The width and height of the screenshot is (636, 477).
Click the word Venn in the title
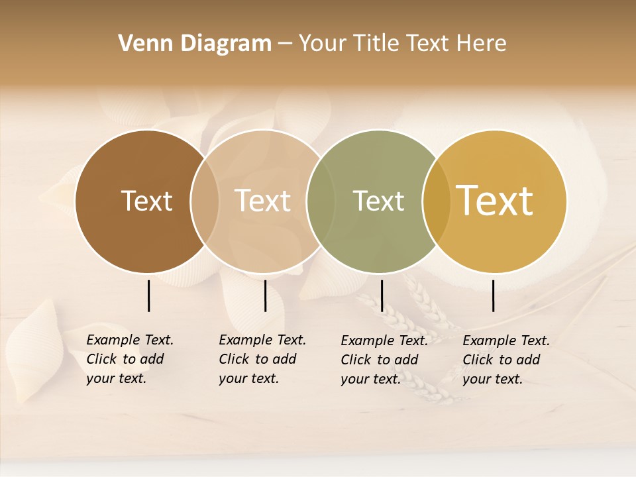pyautogui.click(x=140, y=44)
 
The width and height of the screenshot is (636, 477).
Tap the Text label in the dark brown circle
pyautogui.click(x=146, y=201)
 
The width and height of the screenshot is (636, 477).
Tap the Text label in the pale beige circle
pyautogui.click(x=262, y=201)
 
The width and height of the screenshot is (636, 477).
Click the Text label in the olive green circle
pyautogui.click(x=378, y=201)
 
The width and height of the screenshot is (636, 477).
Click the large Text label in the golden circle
pyautogui.click(x=495, y=201)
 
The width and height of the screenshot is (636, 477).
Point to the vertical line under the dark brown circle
pyautogui.click(x=148, y=295)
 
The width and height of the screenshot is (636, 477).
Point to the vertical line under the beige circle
pyautogui.click(x=265, y=295)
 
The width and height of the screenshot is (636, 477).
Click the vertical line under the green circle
pyautogui.click(x=382, y=295)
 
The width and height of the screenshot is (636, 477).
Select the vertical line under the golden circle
pyautogui.click(x=494, y=295)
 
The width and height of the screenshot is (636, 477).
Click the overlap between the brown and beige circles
pyautogui.click(x=205, y=201)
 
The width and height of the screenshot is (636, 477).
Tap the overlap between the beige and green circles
pyautogui.click(x=321, y=201)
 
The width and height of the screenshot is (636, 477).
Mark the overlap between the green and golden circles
pyautogui.click(x=436, y=201)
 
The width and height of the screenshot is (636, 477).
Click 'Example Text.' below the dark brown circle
pyautogui.click(x=130, y=340)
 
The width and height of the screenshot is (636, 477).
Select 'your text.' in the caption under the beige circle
pyautogui.click(x=248, y=378)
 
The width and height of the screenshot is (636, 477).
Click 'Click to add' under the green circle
pyautogui.click(x=380, y=360)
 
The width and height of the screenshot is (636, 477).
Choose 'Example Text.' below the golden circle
pyautogui.click(x=506, y=341)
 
